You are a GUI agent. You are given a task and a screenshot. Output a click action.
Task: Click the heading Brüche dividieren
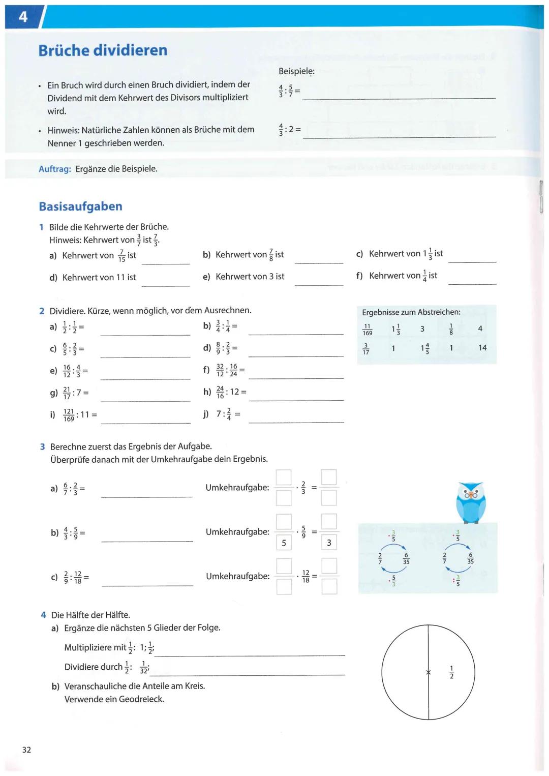coord(103,50)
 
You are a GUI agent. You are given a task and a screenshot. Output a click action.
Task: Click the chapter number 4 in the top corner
coord(23,17)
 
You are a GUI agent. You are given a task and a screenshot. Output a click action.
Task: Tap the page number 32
coord(26,750)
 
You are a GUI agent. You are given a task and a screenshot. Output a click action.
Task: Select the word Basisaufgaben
coord(80,206)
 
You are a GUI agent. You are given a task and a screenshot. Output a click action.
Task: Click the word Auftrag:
coord(55,169)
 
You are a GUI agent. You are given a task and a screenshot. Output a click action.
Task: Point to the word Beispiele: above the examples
coord(296,71)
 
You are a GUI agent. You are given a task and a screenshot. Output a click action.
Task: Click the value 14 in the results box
coord(482,348)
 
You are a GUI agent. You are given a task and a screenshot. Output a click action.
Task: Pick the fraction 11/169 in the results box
coord(367,330)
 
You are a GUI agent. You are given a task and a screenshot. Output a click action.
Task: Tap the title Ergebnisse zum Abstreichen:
coord(411,312)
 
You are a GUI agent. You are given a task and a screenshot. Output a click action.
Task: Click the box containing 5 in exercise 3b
coord(284,543)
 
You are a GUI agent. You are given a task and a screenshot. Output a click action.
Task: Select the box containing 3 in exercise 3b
coord(329,543)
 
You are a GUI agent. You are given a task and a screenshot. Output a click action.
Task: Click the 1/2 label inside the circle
coord(451,672)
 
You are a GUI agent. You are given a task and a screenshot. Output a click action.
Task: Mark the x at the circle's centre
coord(429,673)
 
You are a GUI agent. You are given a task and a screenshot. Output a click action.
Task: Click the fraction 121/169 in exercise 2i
coord(69,415)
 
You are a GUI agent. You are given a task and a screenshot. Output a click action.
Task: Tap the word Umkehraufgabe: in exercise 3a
coord(237,488)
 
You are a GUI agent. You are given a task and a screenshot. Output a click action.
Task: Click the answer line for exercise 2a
coord(145,334)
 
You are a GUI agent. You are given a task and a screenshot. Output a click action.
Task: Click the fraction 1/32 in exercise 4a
coord(144,667)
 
